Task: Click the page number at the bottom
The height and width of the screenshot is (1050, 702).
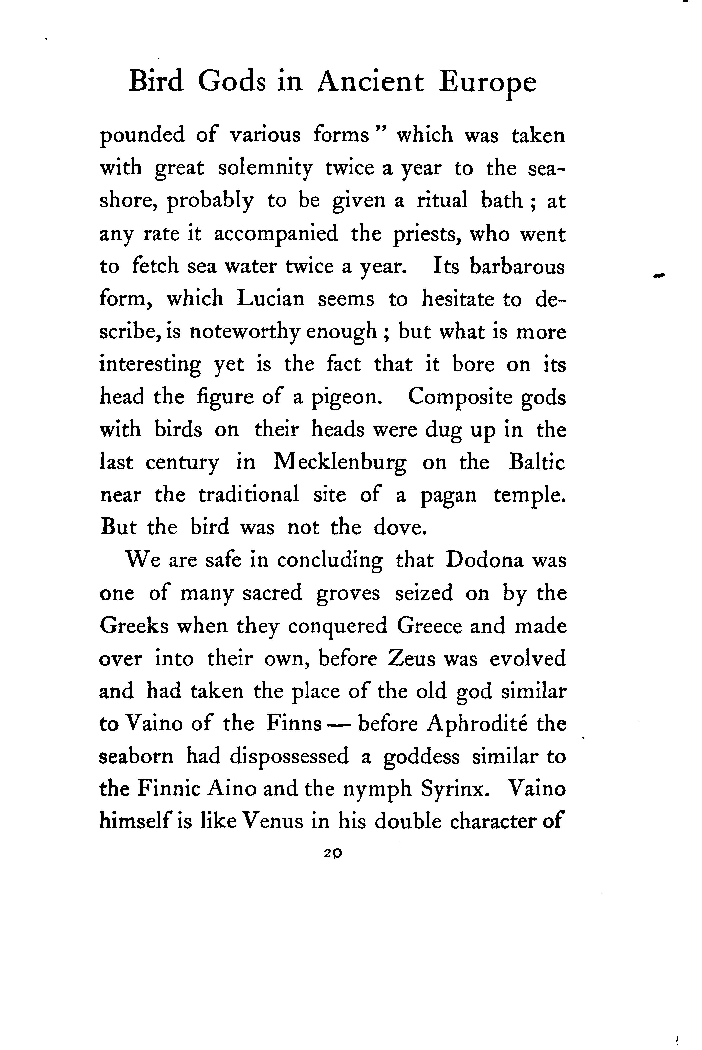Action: click(x=333, y=853)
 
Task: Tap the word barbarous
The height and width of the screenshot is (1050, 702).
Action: click(x=517, y=266)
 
